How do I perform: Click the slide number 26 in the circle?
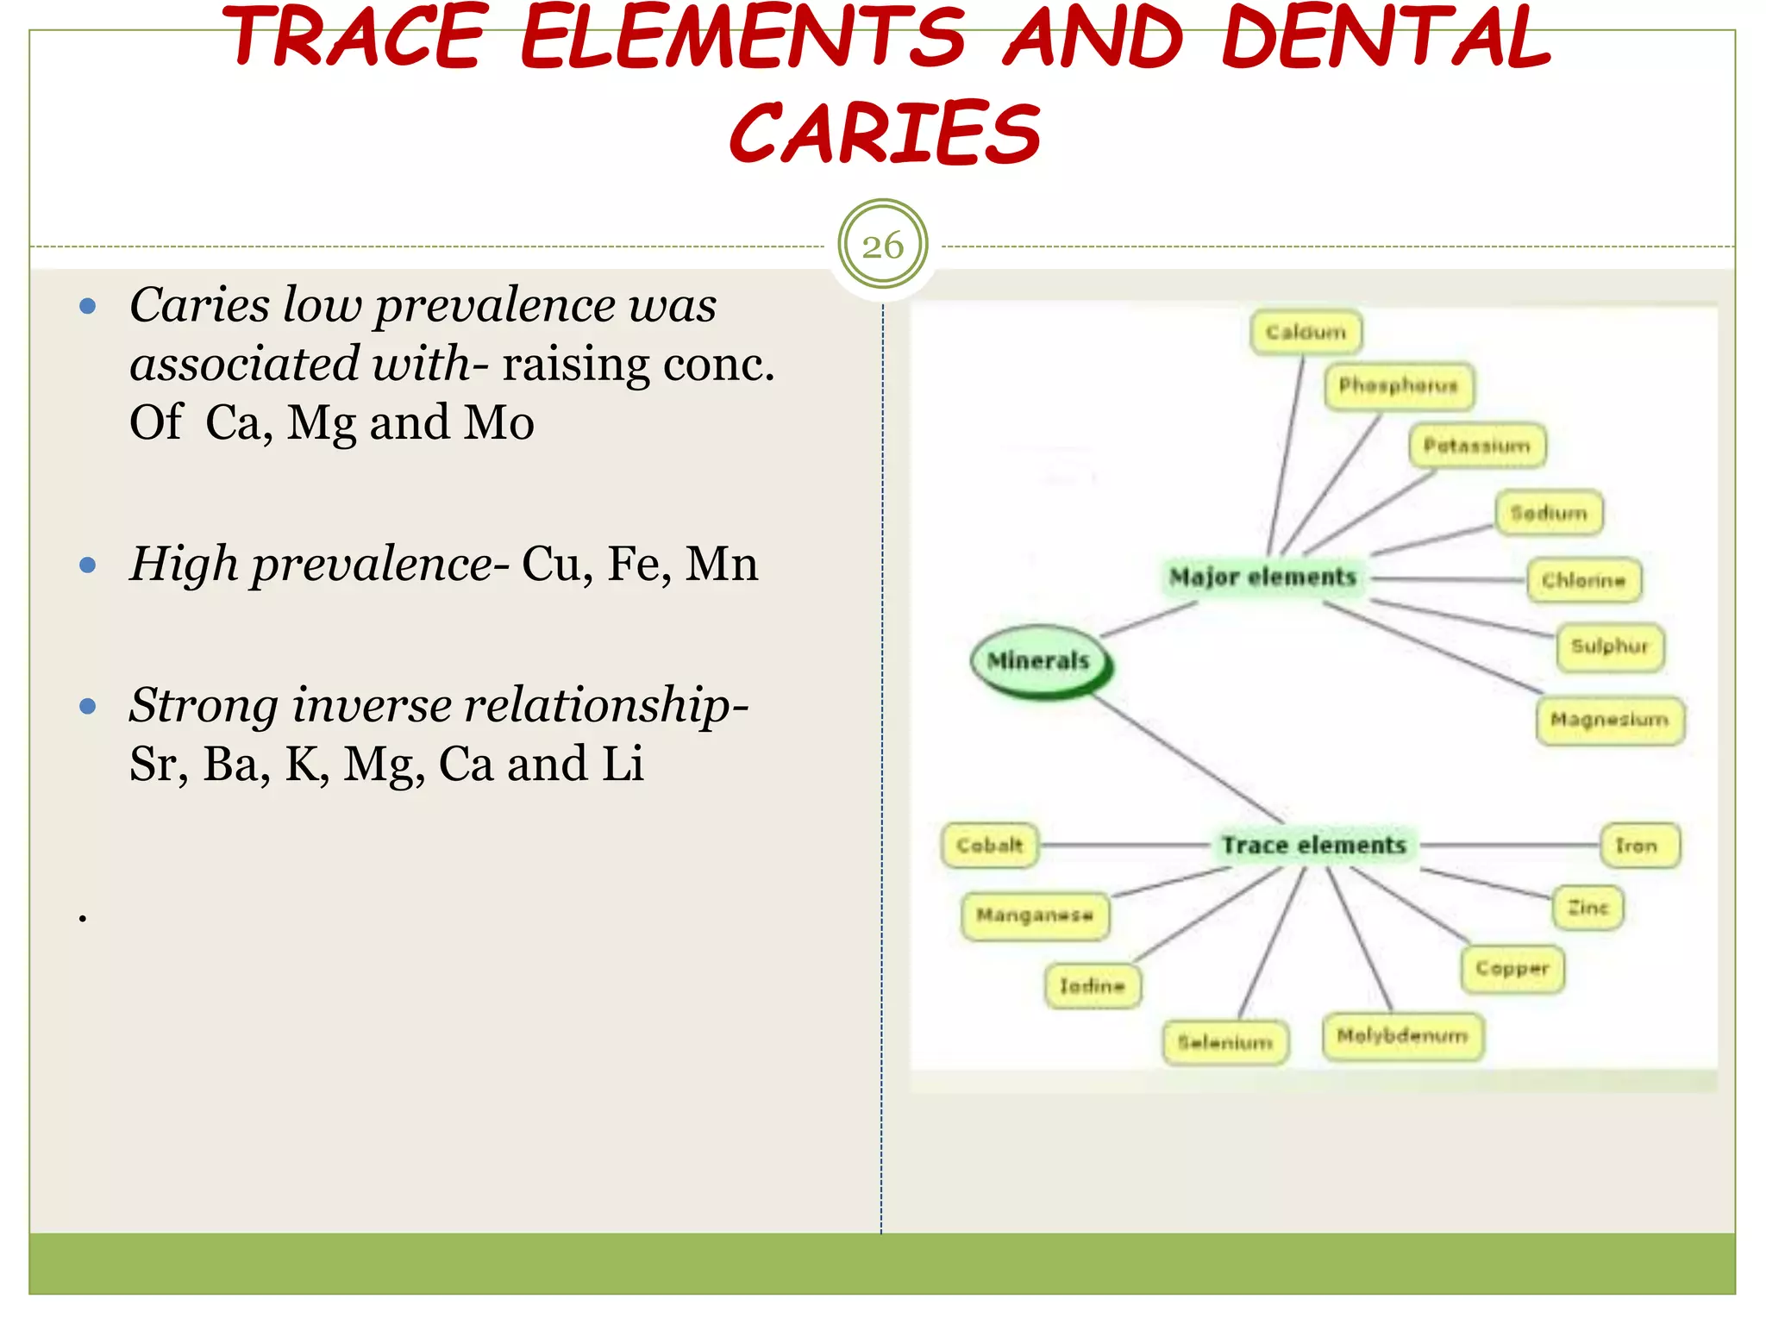(882, 246)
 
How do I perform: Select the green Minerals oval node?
(1039, 661)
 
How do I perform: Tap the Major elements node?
(1262, 577)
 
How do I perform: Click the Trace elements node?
(1313, 845)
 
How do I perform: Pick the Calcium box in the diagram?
(1306, 332)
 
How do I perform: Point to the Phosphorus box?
(1398, 385)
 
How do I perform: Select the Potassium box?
(1476, 446)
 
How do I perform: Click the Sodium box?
(1549, 513)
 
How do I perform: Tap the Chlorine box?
(1583, 580)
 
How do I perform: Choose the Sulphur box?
(1609, 646)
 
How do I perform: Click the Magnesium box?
(1609, 719)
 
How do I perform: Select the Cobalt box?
(989, 845)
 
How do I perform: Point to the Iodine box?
(1093, 985)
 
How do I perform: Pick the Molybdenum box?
(1402, 1035)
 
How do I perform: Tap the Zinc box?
(1588, 908)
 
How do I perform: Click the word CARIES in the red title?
(885, 134)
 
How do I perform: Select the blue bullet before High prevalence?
(87, 565)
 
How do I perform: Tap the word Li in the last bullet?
(623, 764)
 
